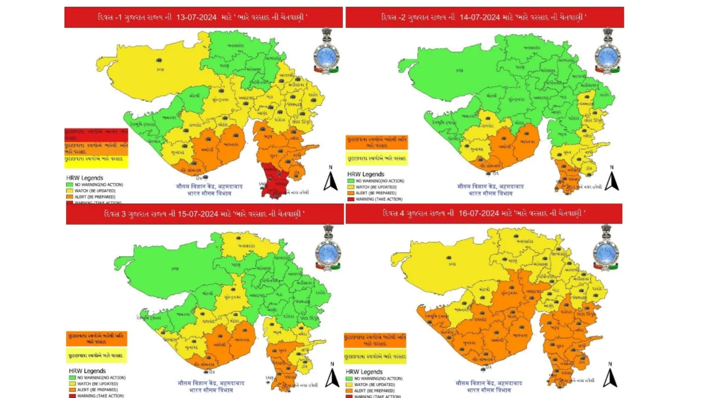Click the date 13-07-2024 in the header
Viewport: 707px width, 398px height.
(196, 17)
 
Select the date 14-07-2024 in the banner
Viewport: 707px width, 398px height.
(479, 17)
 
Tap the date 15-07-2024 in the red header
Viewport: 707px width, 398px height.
(198, 214)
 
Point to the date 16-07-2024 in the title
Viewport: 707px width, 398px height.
(479, 213)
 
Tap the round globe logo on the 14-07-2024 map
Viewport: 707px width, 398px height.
(607, 56)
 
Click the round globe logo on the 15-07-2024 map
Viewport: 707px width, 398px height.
(327, 253)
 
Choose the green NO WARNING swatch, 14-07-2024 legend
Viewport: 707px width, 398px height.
(350, 181)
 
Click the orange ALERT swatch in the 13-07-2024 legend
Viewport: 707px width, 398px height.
(69, 197)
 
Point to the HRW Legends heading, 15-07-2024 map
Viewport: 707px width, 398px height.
(87, 371)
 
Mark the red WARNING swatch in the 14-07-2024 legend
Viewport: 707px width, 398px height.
(350, 199)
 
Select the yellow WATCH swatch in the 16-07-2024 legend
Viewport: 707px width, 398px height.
(349, 385)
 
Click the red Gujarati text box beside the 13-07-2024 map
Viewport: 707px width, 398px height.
(96, 134)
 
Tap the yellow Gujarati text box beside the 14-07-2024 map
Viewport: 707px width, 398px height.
(376, 158)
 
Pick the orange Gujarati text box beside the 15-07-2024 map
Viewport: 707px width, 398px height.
(96, 339)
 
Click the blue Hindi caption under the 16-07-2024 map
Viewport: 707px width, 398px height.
(489, 387)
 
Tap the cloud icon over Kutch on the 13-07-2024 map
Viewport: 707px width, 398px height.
(159, 61)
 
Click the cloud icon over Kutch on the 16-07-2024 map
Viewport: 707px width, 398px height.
(450, 257)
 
